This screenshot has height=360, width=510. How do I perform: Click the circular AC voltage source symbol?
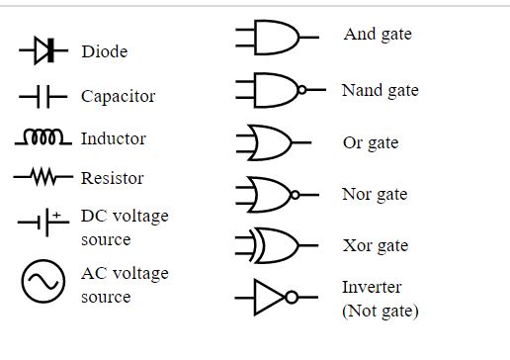coord(42,284)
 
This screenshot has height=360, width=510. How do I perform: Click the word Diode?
coord(104,51)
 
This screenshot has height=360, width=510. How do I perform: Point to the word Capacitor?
coord(118,97)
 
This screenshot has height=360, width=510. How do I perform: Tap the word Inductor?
coord(114,138)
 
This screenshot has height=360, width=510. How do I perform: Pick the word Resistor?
coord(112,178)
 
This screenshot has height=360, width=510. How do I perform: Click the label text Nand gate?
coord(380,91)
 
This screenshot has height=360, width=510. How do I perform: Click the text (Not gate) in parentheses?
coord(380,312)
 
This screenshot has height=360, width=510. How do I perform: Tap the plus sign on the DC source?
coord(57,215)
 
